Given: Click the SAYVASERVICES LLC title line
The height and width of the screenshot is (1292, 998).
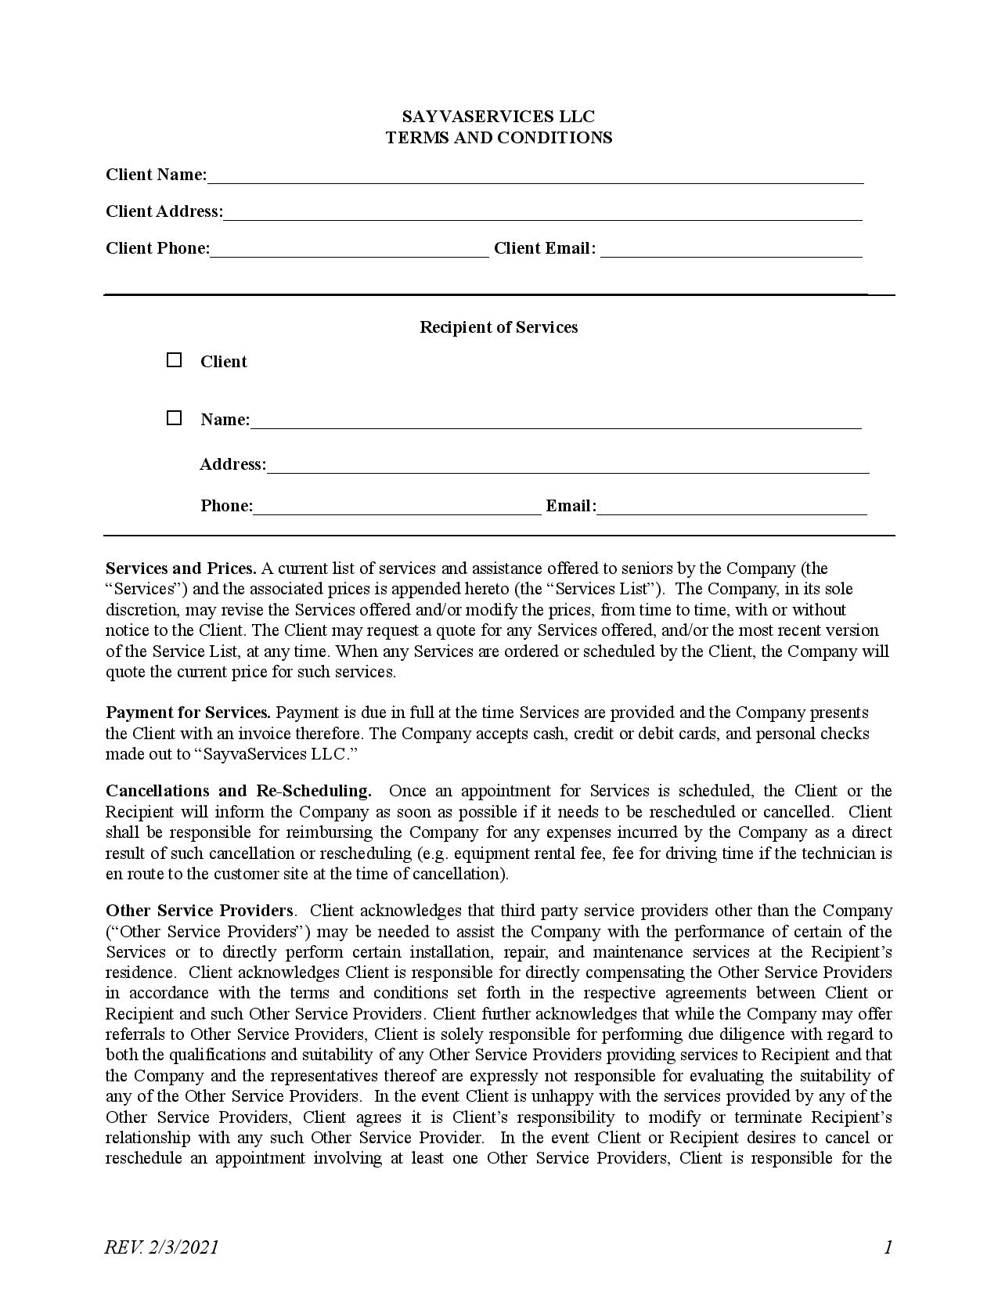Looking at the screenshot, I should pos(498,117).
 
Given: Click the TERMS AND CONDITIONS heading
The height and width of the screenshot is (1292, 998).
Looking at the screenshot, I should pos(498,138).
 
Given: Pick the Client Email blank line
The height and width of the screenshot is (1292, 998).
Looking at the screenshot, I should pos(731,251).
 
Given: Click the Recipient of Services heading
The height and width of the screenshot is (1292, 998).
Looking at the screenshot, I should pos(498,327).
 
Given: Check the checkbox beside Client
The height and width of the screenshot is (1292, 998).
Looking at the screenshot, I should pos(174,360).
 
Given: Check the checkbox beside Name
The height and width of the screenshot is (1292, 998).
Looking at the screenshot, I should pos(174,418).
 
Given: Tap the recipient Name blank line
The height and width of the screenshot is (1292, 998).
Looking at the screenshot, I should pos(556,422).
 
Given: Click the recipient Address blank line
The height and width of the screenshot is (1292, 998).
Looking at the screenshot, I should pos(567,467).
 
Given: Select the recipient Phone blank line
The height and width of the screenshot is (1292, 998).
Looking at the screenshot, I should pos(397,509).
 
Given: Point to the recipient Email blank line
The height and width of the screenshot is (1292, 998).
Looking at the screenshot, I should pos(732,509).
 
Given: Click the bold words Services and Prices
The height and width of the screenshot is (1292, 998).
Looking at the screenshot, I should pos(181,568).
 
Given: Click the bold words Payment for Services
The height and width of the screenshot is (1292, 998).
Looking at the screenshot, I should pos(188,713).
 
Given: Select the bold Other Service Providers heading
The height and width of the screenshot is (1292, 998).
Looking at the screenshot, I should pos(200,911).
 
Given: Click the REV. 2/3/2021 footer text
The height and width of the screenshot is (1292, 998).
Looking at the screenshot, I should pos(161,1247).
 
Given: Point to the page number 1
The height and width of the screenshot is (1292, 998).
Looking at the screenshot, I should pos(888,1247).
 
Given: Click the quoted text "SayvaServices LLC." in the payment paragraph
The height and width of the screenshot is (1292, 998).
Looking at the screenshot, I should pos(279,754).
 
